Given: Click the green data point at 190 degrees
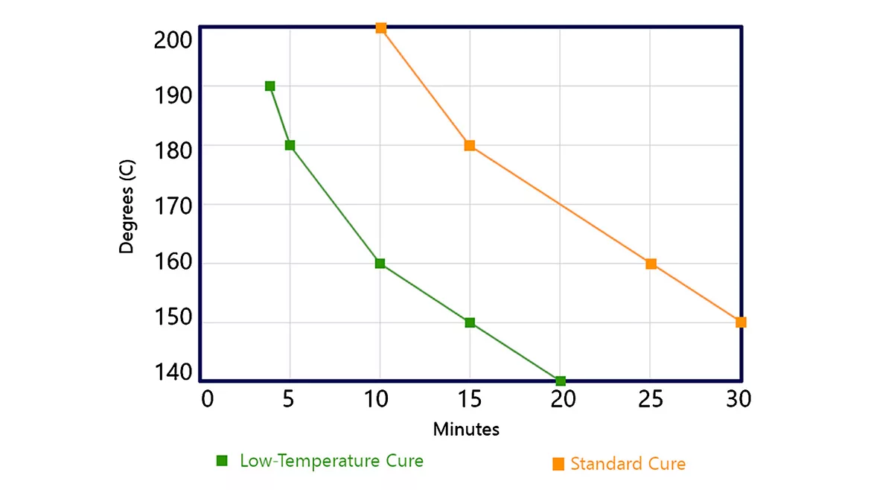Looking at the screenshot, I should [x=269, y=86].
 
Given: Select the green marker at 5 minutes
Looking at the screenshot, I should [x=290, y=145].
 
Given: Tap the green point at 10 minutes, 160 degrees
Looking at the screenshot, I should [x=380, y=264].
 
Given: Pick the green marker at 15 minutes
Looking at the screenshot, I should [x=470, y=322].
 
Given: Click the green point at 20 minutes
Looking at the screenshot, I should [x=561, y=381].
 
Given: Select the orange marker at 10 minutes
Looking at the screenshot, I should [x=380, y=28].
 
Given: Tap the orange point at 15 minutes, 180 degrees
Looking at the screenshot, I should [x=470, y=145].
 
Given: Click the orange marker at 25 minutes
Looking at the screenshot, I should [x=651, y=264].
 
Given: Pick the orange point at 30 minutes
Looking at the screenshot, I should [x=741, y=322].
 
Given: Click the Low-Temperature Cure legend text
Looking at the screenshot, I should [x=331, y=461].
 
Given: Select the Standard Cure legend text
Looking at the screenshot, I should [x=628, y=464].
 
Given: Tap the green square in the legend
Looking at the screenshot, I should [x=222, y=461].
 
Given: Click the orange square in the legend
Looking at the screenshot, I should [x=558, y=465].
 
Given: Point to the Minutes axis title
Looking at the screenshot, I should [x=466, y=430].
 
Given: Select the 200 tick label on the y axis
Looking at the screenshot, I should [x=173, y=39].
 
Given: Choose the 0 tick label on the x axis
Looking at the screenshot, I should [x=208, y=400].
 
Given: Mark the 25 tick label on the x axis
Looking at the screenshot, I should [x=651, y=400].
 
